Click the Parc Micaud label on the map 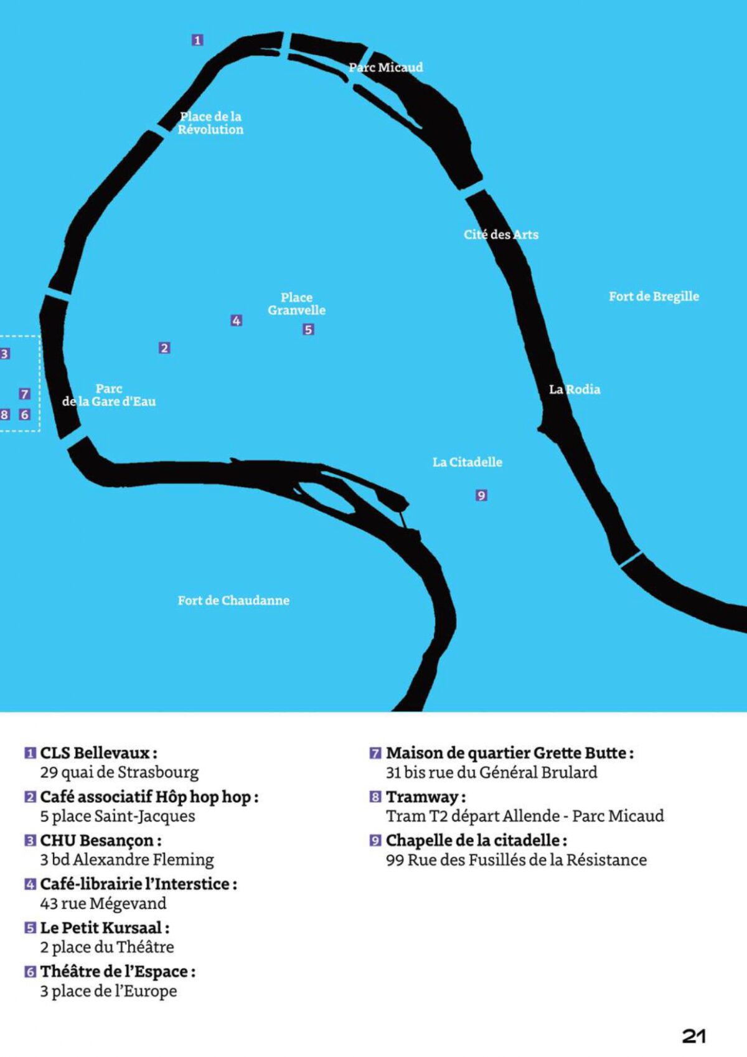[386, 67]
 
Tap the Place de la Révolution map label [210, 123]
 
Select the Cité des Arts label [501, 235]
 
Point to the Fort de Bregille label [654, 296]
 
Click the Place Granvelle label [297, 304]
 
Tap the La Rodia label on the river [575, 389]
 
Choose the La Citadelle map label [467, 462]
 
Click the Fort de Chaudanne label [233, 600]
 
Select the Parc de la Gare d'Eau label [109, 395]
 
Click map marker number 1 [197, 40]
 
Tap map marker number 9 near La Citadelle [481, 495]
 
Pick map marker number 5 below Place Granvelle [308, 329]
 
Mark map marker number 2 [164, 348]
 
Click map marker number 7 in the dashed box [24, 394]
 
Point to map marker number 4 [237, 320]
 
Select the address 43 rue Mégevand [103, 903]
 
